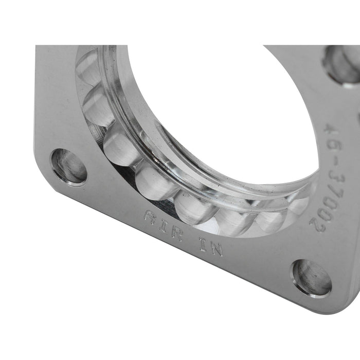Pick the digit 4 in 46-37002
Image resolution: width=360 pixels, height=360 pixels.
pyautogui.click(x=337, y=129)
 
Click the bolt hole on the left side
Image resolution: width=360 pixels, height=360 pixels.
pyautogui.click(x=69, y=166)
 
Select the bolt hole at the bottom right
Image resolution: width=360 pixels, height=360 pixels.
pyautogui.click(x=312, y=277)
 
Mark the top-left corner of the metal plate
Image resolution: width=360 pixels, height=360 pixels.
pyautogui.click(x=39, y=48)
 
